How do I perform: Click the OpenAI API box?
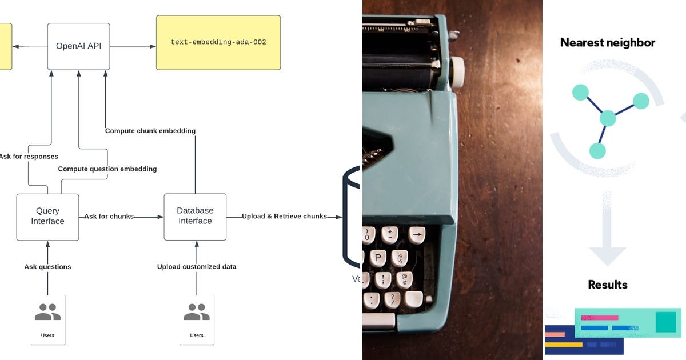78,46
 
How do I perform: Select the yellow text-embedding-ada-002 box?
218,42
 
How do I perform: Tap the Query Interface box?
47,217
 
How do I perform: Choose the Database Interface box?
195,217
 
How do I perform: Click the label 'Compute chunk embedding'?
150,131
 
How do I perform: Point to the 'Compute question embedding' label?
107,169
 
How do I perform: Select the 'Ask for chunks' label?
109,217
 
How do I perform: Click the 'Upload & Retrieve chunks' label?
284,217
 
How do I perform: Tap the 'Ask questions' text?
47,267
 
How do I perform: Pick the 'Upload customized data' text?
197,267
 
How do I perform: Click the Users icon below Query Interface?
47,313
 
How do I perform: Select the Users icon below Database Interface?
197,313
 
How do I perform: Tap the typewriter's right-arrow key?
417,234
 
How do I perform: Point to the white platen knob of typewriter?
457,72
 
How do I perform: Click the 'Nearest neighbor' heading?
608,43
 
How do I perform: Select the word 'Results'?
608,285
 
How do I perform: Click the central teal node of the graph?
608,119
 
